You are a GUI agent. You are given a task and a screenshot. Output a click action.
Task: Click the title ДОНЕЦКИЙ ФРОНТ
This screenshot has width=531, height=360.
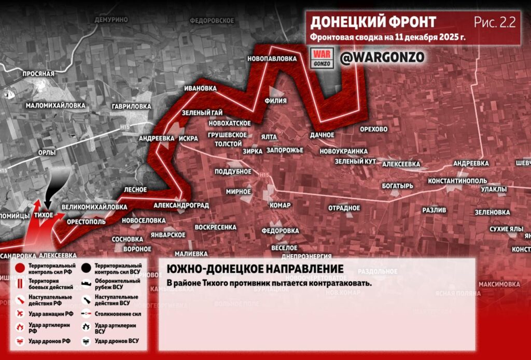coord(373,22)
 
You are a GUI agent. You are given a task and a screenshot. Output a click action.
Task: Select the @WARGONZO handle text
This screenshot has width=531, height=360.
coord(382,57)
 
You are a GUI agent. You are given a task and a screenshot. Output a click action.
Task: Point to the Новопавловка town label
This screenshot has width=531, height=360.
coord(272,59)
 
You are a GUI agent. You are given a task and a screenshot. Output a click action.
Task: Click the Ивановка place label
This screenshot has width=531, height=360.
coord(200,88)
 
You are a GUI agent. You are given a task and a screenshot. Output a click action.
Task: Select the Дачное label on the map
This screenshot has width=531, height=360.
coord(322,135)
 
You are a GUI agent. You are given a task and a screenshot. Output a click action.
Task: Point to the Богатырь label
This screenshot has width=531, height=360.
coord(398,186)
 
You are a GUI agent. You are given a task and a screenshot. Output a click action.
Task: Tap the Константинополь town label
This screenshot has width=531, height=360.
coord(457,181)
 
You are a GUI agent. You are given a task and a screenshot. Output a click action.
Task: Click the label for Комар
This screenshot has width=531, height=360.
coord(280,205)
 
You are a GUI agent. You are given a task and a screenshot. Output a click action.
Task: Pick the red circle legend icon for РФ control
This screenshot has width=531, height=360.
coord(20,268)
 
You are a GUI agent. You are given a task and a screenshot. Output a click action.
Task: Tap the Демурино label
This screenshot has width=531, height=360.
coord(111,19)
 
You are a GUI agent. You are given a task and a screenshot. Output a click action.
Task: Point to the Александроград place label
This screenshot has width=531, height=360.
coord(181,205)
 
